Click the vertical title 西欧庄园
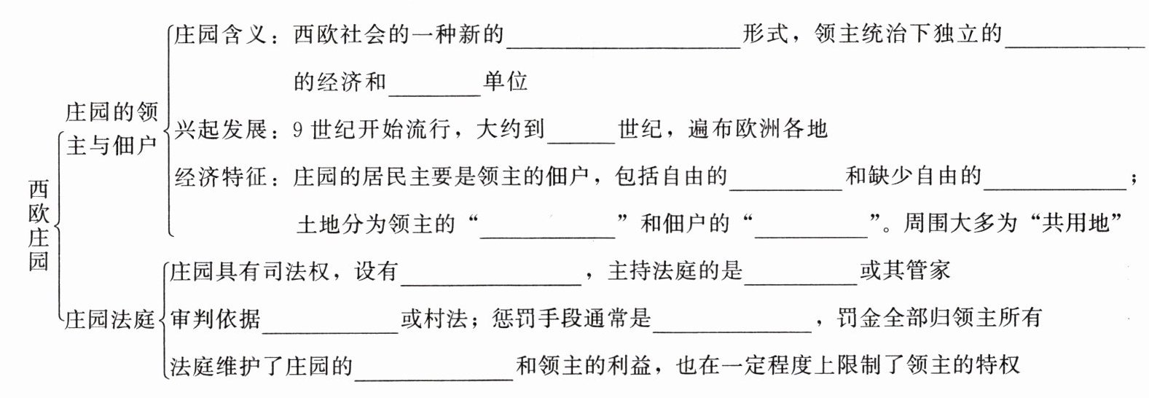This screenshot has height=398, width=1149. [39, 225]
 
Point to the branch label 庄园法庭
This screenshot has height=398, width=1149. [110, 319]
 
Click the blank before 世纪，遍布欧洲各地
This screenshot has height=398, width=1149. [581, 134]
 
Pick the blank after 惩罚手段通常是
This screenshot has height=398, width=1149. [732, 324]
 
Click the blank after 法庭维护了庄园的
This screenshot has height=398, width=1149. [434, 370]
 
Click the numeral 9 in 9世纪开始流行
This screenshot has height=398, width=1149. [297, 130]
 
